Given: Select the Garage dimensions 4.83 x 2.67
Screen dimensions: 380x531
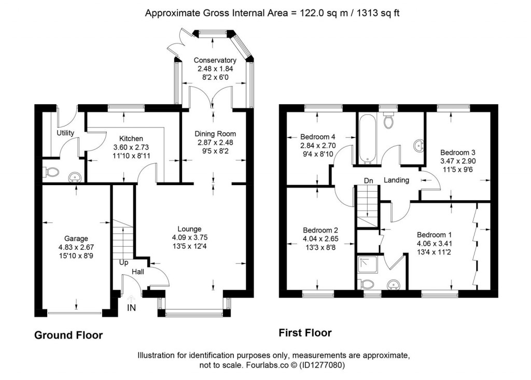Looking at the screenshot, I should click(76, 247).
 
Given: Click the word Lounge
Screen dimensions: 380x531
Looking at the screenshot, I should click(189, 229).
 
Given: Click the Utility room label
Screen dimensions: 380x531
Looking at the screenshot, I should click(66, 133).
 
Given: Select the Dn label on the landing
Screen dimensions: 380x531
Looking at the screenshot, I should click(369, 180).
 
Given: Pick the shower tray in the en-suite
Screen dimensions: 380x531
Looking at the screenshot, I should click(368, 265).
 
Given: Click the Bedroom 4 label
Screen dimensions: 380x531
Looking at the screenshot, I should click(318, 137).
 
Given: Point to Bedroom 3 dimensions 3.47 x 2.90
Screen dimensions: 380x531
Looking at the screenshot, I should click(457, 161).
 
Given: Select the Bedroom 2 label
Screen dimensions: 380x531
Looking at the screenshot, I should click(320, 230).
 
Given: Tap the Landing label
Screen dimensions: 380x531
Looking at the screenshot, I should click(397, 180).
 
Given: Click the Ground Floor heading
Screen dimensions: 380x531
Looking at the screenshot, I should click(68, 335).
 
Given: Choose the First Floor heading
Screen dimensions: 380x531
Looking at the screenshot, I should click(305, 333).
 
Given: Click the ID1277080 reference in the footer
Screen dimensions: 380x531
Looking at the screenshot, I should click(323, 365).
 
